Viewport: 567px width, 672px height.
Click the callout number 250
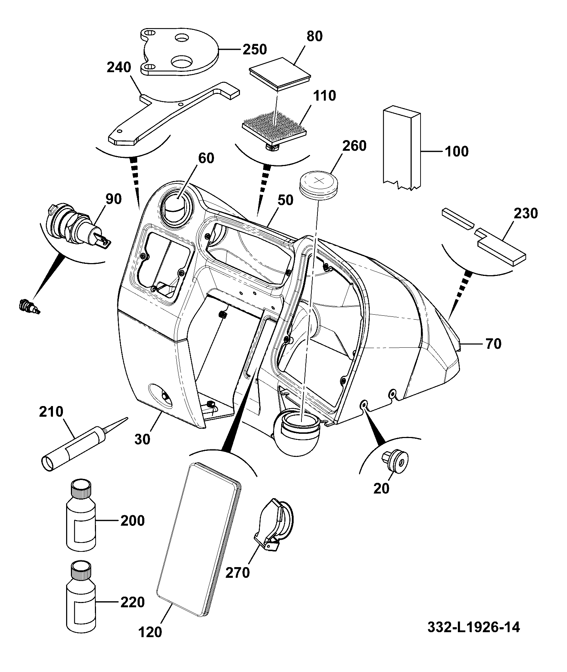(255, 49)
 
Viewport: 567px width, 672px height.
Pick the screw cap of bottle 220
(81, 571)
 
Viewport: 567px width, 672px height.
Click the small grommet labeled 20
(395, 461)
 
